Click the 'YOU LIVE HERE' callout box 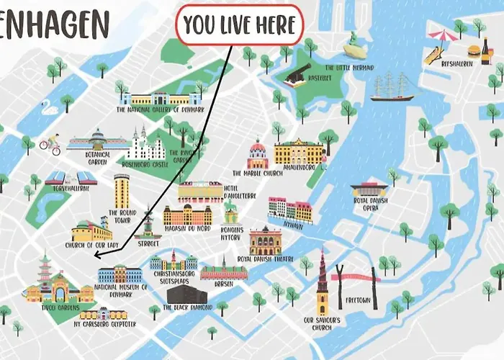click(x=240, y=25)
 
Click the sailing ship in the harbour click(x=392, y=87)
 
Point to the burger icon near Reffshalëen click(x=474, y=51)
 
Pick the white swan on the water click(x=50, y=109)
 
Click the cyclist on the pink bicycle click(x=50, y=144)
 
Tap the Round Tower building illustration click(x=122, y=191)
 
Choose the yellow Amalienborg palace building click(x=299, y=151)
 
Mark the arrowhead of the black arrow click(x=96, y=253)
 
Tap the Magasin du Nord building click(x=187, y=215)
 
